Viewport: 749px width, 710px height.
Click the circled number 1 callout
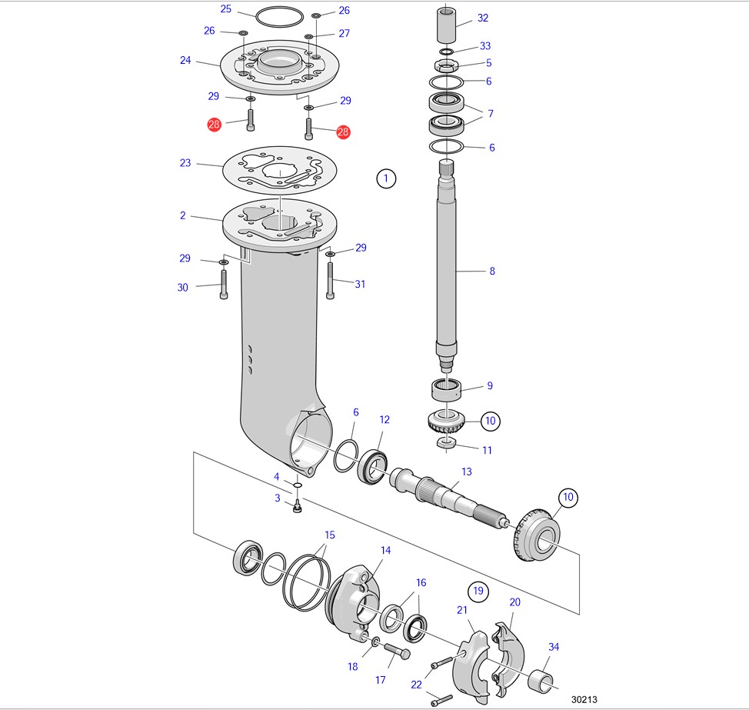click(x=386, y=179)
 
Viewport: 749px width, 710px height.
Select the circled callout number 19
click(x=478, y=591)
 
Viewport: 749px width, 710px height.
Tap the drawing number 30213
click(x=584, y=699)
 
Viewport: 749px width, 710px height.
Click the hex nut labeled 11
click(x=447, y=443)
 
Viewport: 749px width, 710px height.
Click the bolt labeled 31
click(x=331, y=281)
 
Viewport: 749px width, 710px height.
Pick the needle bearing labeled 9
click(x=448, y=389)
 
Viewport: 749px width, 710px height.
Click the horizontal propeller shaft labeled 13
click(x=446, y=496)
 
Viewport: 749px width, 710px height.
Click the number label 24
click(x=185, y=60)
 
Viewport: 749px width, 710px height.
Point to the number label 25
click(x=225, y=9)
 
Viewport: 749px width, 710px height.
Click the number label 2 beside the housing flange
click(x=183, y=215)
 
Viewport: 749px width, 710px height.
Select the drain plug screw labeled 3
click(x=298, y=506)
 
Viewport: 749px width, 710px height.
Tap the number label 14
click(x=385, y=551)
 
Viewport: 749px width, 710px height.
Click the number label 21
click(x=462, y=610)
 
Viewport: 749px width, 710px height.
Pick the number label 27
click(x=344, y=33)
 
